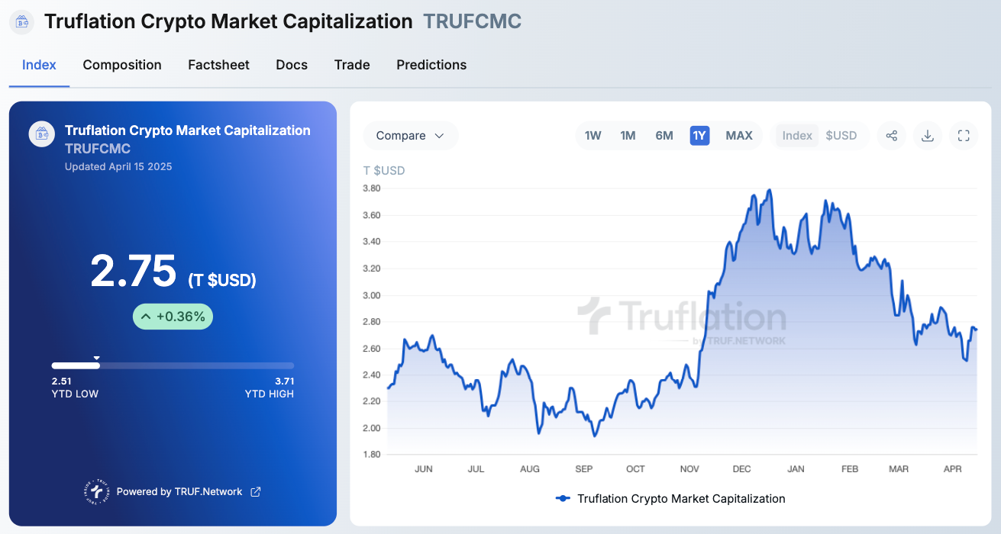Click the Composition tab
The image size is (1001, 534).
click(122, 65)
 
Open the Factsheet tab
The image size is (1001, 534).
click(218, 65)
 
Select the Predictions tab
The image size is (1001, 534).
click(431, 65)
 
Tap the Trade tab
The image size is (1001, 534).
click(352, 65)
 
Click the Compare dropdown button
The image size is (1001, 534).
click(410, 136)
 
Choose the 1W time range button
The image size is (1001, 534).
click(593, 136)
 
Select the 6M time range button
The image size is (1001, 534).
click(664, 136)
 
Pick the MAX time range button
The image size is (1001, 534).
click(739, 136)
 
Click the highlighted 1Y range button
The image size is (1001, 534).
click(699, 136)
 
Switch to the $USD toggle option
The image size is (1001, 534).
click(841, 136)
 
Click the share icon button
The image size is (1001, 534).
click(891, 136)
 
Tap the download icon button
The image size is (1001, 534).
click(928, 136)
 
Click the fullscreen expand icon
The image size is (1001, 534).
click(964, 136)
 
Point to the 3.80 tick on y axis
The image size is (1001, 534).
click(372, 188)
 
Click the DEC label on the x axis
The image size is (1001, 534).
click(741, 469)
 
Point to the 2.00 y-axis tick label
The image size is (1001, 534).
click(372, 428)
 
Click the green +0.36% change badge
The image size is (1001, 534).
click(173, 317)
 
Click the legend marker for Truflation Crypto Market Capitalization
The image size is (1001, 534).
click(563, 499)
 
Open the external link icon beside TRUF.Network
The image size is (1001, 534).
click(256, 492)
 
